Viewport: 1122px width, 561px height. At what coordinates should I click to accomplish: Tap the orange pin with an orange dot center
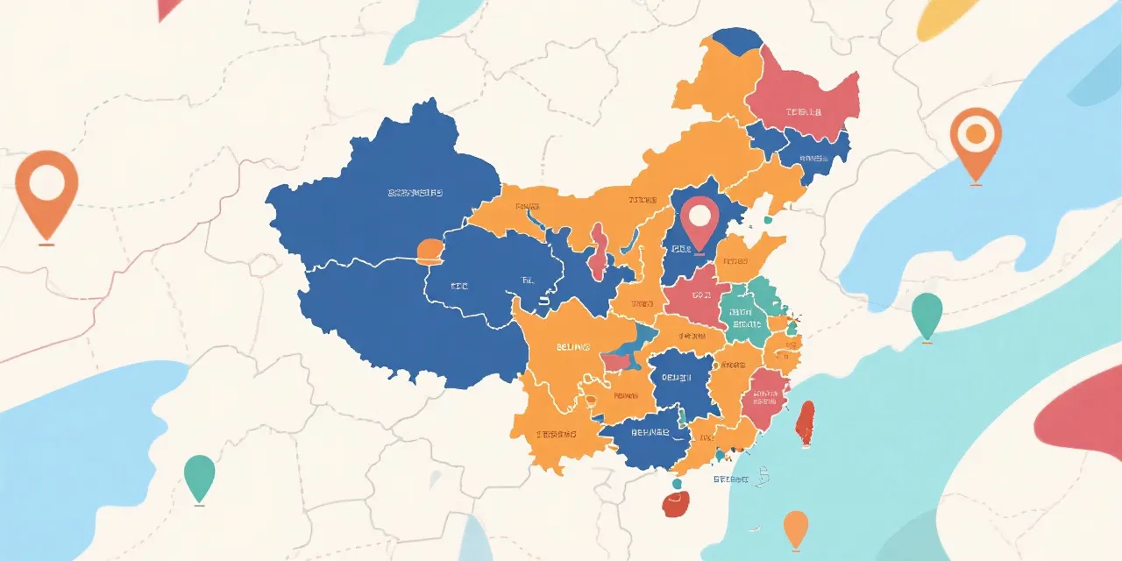(975, 138)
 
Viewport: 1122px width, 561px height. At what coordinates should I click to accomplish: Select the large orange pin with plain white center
(46, 188)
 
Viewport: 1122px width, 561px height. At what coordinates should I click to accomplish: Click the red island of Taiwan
(804, 423)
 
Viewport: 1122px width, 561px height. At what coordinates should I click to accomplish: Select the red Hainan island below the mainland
(677, 502)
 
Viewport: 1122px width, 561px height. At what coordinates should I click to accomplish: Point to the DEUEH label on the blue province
(676, 377)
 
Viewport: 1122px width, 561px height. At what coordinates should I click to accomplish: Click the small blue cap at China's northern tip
(735, 39)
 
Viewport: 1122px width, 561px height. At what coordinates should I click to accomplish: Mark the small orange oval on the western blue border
(430, 252)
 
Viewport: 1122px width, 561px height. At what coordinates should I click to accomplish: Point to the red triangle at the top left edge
(169, 8)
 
